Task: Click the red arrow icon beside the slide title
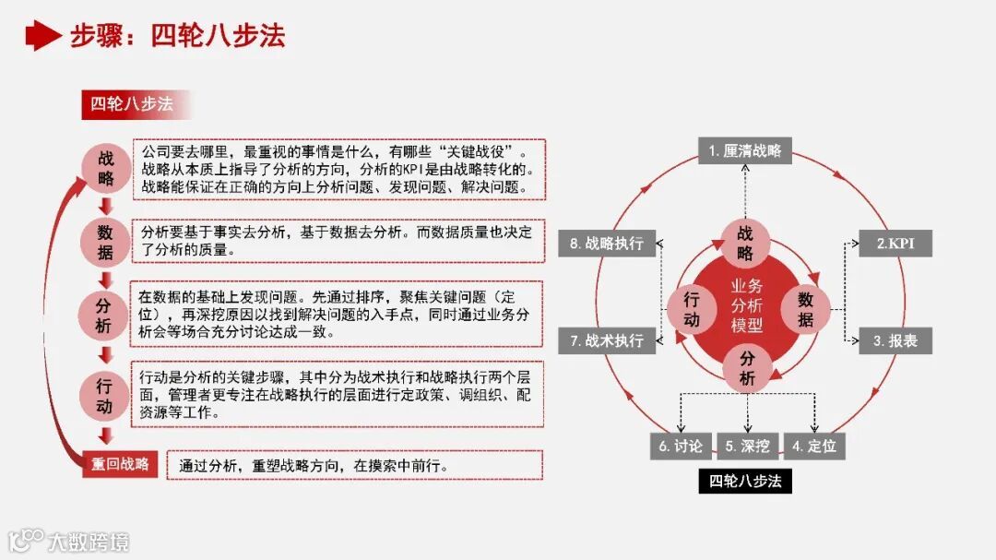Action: click(42, 35)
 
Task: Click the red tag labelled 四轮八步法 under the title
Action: click(133, 104)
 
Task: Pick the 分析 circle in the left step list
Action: click(104, 315)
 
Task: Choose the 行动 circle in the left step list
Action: click(104, 395)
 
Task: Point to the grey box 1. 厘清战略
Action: click(744, 150)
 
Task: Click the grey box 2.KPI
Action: click(895, 244)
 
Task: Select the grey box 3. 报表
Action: click(895, 340)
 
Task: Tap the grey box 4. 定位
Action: click(814, 447)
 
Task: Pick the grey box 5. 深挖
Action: click(747, 447)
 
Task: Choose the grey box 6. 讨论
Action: click(682, 447)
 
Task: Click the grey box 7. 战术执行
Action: click(607, 340)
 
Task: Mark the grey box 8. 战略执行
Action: click(607, 244)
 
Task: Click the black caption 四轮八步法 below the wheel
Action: click(745, 481)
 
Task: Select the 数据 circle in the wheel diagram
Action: click(805, 309)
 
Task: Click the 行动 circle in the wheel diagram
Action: click(691, 309)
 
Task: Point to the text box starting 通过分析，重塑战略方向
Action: click(355, 465)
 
